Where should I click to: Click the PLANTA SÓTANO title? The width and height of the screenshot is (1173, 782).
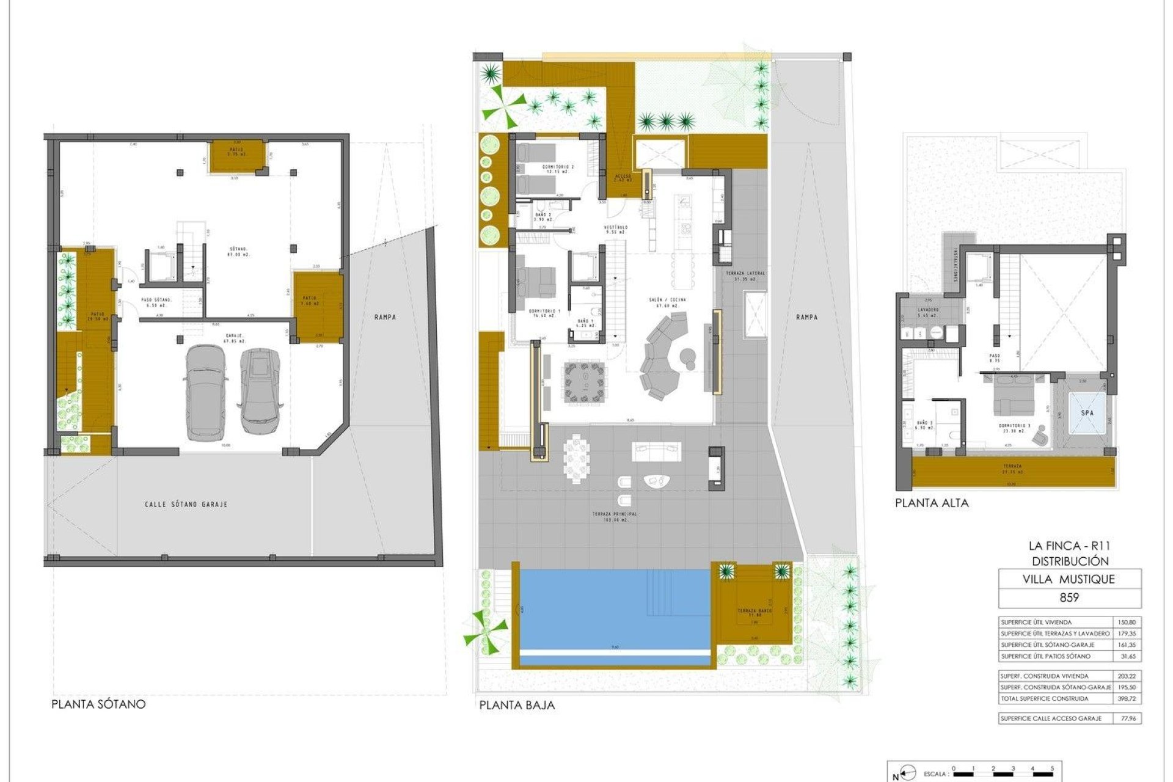[x=98, y=704]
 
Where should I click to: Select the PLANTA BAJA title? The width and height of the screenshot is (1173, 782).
[x=517, y=705]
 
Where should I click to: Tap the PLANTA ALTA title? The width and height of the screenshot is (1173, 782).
[x=932, y=503]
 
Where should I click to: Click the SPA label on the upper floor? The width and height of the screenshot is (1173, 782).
[x=1087, y=413]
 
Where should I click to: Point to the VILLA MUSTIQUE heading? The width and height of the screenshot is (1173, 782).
[x=1069, y=579]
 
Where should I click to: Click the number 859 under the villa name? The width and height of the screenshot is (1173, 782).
[x=1069, y=597]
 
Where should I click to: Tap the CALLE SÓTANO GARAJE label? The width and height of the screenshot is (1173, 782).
[x=186, y=505]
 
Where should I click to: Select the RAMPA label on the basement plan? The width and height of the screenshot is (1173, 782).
[x=386, y=317]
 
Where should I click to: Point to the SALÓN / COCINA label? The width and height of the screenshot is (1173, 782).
[x=667, y=300]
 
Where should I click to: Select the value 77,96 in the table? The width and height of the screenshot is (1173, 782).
[x=1129, y=718]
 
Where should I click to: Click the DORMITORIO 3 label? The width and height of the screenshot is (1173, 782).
[x=1015, y=426]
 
